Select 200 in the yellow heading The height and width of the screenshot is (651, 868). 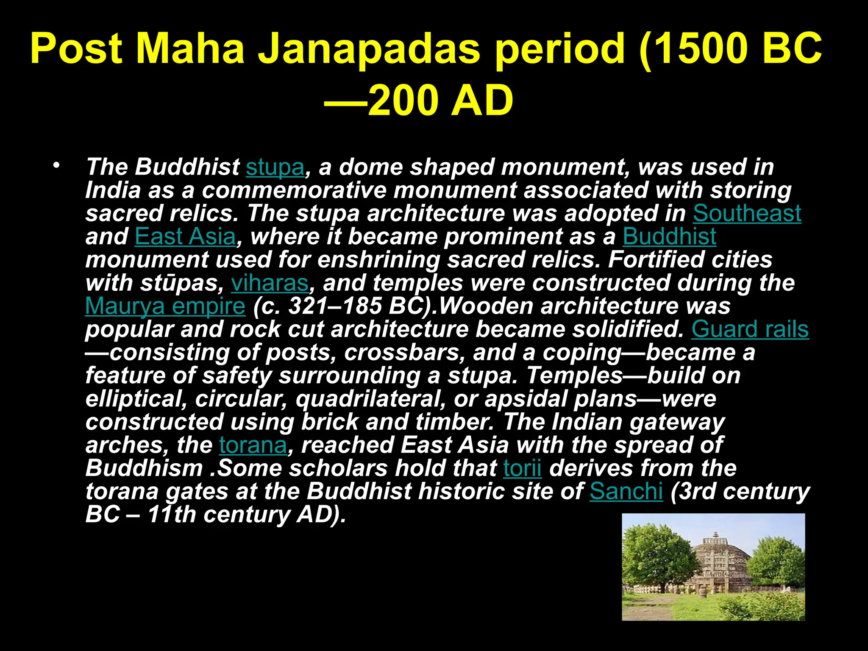coord(403,101)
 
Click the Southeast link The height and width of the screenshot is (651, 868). coord(747,213)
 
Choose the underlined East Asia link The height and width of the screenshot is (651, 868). coord(185,236)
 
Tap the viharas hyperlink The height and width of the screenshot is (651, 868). coord(270,283)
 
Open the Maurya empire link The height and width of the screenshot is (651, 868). coord(165,306)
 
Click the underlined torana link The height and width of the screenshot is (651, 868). coord(253,445)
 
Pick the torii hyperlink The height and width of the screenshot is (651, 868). coord(522,468)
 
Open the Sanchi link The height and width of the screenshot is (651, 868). coord(626,492)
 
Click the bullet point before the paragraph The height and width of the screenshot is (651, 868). coord(56,165)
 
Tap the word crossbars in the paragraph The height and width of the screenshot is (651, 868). coord(404,353)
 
